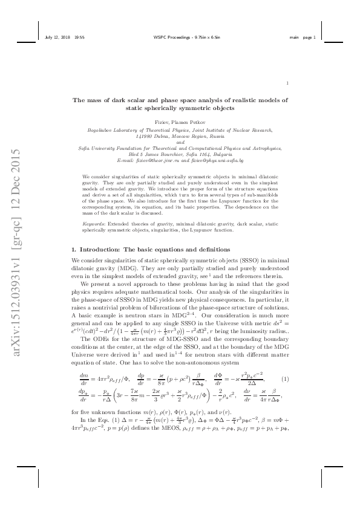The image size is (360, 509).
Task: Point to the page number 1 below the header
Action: tap(287, 84)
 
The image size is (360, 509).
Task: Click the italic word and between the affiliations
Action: tap(180, 142)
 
